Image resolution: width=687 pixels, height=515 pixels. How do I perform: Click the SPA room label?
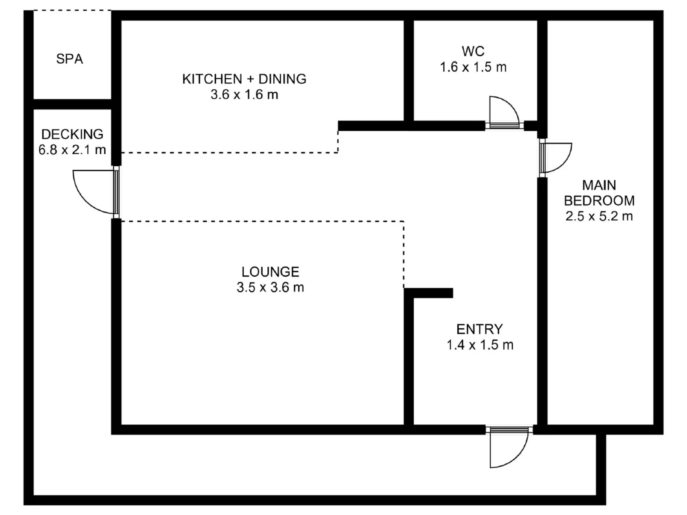click(69, 59)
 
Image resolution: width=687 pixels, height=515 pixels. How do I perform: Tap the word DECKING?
click(72, 134)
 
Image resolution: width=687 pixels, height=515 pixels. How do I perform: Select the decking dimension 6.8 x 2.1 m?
click(72, 150)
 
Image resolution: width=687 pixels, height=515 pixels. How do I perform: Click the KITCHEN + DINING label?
click(244, 79)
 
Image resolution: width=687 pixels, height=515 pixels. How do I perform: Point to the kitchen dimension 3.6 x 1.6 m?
click(244, 94)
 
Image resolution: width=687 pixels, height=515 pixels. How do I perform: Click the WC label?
click(473, 51)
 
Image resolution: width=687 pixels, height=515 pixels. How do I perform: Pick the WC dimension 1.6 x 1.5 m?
click(473, 67)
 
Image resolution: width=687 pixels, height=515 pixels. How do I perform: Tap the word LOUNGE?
click(270, 272)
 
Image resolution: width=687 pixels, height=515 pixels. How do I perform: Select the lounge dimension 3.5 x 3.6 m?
click(270, 287)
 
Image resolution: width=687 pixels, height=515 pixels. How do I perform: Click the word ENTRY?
click(480, 329)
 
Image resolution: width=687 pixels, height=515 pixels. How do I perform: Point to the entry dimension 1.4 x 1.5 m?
click(480, 345)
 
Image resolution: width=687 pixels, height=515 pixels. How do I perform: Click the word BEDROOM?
click(599, 201)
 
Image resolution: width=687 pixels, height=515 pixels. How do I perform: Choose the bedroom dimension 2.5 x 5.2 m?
click(599, 216)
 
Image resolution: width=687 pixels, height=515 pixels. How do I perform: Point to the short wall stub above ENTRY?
click(429, 293)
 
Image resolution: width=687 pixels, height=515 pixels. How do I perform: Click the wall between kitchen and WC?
click(409, 71)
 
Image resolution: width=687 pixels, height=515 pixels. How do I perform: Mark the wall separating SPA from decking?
click(72, 104)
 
